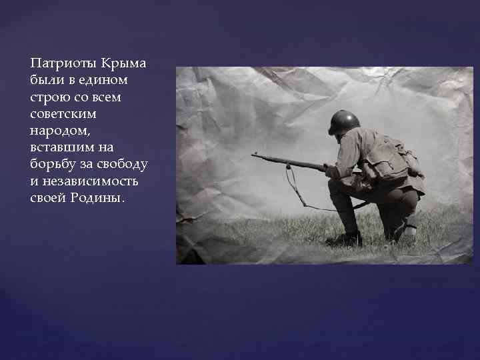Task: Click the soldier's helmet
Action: [x=344, y=121]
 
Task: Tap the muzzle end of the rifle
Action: [x=254, y=155]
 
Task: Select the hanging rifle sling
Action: [x=293, y=190]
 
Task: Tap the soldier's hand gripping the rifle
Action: [x=331, y=171]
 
